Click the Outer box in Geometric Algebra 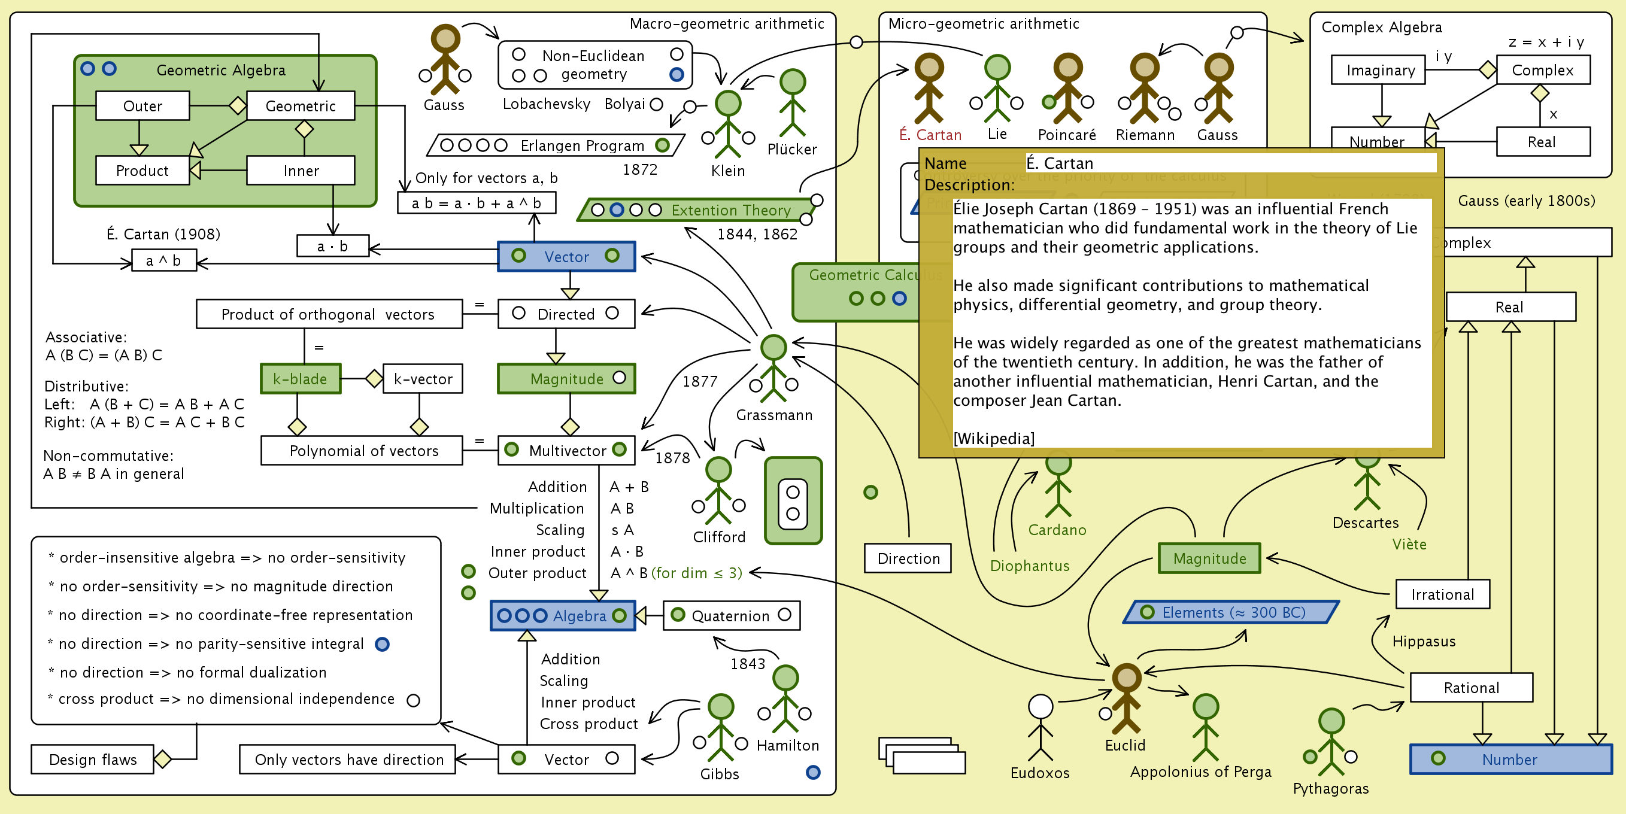(142, 106)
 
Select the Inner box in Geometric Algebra (301, 171)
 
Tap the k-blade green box (301, 379)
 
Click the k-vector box (423, 379)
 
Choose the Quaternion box (731, 615)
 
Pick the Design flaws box (93, 759)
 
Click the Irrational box (1442, 594)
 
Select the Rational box (1471, 687)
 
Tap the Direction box (908, 558)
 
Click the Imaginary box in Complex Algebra (1380, 70)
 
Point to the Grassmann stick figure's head (773, 348)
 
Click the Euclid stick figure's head (1126, 678)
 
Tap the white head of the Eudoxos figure (1040, 707)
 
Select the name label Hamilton (788, 745)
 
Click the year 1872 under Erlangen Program (640, 169)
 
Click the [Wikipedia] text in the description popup (994, 438)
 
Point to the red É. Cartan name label (930, 135)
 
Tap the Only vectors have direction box (348, 759)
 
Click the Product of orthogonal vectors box (328, 314)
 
